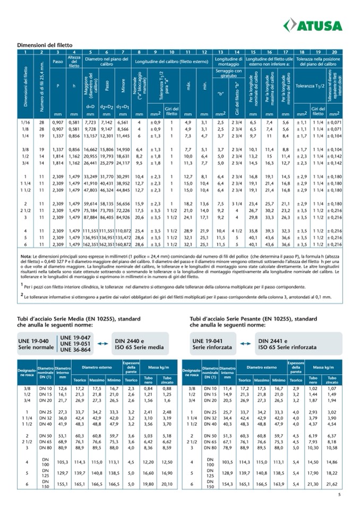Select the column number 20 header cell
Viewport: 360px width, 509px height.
(335, 52)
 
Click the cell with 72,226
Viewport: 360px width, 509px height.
(123, 210)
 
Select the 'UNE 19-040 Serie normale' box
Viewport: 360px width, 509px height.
(36, 343)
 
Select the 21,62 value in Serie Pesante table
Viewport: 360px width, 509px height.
(331, 484)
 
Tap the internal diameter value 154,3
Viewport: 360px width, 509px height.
(227, 484)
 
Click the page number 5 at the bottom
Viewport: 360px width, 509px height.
(339, 496)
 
